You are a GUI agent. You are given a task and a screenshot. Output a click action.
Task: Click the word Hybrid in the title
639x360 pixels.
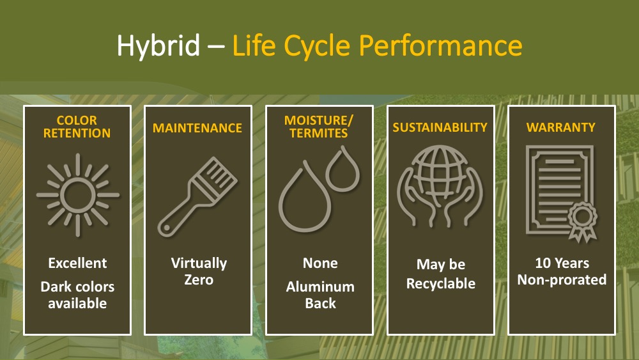click(158, 45)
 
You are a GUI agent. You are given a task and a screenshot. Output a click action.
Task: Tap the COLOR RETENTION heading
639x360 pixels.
click(77, 127)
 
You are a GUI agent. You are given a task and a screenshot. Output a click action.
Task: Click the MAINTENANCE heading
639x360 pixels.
click(197, 128)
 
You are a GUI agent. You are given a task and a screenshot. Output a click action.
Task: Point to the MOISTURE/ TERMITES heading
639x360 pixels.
click(319, 127)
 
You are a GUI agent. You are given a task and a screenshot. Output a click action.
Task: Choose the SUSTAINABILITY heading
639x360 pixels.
click(440, 128)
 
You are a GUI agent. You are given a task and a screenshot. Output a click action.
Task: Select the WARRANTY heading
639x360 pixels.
click(561, 128)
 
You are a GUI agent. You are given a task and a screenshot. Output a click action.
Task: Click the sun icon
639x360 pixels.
click(78, 195)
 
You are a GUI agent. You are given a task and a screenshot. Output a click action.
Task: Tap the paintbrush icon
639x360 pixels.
click(197, 196)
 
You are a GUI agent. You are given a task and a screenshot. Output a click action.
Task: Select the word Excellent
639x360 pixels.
click(77, 263)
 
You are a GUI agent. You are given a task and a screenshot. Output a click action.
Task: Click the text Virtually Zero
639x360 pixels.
click(199, 272)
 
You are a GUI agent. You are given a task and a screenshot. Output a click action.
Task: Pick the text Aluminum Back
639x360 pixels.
click(320, 295)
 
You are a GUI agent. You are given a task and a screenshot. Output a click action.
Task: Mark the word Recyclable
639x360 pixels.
click(441, 284)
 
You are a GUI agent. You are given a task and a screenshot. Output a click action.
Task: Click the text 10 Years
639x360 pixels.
click(562, 263)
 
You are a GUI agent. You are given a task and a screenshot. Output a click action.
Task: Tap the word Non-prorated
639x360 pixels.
click(562, 280)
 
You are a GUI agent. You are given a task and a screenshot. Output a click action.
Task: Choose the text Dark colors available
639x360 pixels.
click(77, 295)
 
